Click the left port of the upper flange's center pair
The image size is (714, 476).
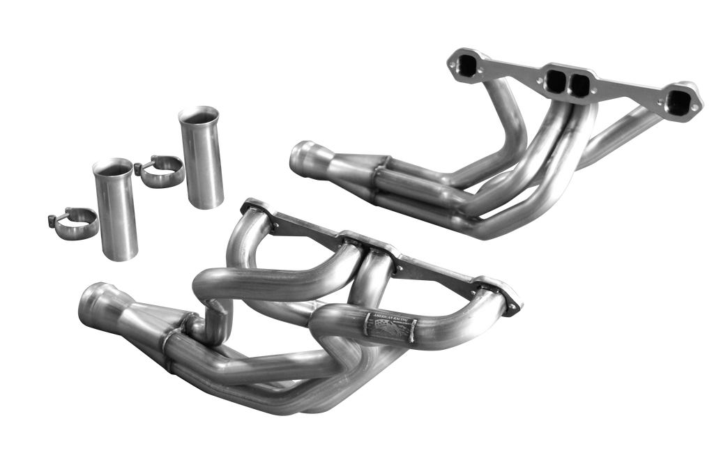556,80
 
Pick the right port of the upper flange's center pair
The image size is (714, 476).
579,84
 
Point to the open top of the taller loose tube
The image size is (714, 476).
199,112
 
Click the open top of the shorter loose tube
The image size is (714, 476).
112,166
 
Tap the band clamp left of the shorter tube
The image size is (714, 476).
73,223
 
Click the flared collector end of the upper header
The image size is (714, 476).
301,157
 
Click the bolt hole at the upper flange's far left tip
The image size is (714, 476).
455,63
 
